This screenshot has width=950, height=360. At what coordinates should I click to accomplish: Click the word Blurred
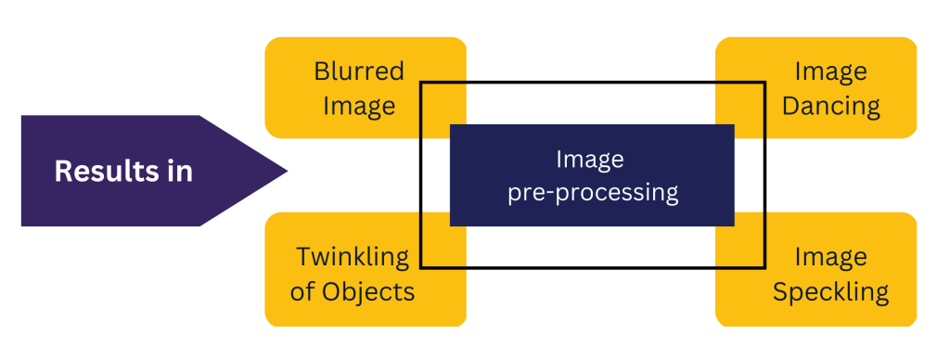(x=359, y=71)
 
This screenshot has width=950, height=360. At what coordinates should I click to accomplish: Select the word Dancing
(x=830, y=105)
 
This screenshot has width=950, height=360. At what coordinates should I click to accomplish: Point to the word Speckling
(x=830, y=291)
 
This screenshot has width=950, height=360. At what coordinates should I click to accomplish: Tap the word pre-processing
(x=593, y=193)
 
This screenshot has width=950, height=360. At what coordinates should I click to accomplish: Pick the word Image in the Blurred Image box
(x=359, y=105)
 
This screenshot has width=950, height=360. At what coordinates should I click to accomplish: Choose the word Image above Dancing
(x=831, y=71)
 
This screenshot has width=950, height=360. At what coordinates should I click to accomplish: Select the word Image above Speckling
(x=831, y=256)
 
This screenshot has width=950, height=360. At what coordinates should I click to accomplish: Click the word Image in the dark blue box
(x=590, y=160)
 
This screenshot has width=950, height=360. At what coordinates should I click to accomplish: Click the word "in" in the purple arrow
(x=177, y=171)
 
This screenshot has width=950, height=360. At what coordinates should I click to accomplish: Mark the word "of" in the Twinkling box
(x=302, y=291)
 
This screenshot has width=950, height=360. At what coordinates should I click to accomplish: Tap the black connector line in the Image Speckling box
(x=764, y=239)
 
